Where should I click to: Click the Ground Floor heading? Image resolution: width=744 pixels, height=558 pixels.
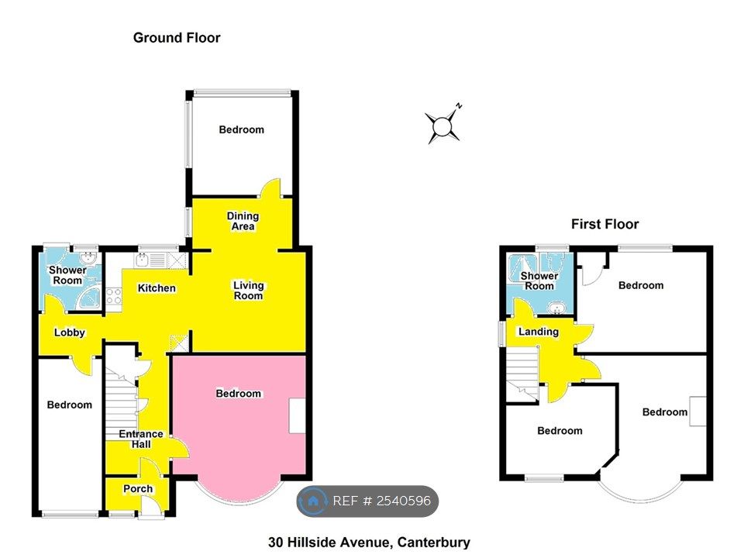pos(177,38)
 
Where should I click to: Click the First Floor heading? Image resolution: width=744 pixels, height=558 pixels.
pos(605,224)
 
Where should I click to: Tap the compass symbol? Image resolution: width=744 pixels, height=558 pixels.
pos(443,125)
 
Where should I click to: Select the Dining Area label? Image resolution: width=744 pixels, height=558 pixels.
pos(243,221)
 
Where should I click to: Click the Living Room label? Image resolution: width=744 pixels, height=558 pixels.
pos(248,291)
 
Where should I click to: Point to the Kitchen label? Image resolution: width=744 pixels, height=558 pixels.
pos(157,288)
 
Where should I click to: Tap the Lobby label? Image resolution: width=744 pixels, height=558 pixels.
pos(69,332)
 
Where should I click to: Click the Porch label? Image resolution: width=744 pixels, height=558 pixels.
pos(138,489)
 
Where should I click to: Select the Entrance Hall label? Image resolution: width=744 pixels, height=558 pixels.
pos(141,439)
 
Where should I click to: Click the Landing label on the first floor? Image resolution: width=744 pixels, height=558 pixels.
pos(538,332)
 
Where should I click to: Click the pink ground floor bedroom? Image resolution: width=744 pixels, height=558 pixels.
pos(239,422)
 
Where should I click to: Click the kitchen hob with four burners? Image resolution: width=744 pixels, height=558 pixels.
pos(114,297)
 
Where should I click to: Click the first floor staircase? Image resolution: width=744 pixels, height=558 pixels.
pos(522,374)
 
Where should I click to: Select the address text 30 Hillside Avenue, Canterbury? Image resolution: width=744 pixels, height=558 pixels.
pos(369,542)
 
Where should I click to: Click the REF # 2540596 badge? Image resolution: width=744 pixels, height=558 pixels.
pos(367,501)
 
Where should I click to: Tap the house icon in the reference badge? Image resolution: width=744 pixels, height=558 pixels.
pos(312,501)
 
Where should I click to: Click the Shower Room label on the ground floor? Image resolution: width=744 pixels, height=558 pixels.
pos(67,275)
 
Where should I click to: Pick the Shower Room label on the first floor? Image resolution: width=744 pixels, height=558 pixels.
pos(539,281)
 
